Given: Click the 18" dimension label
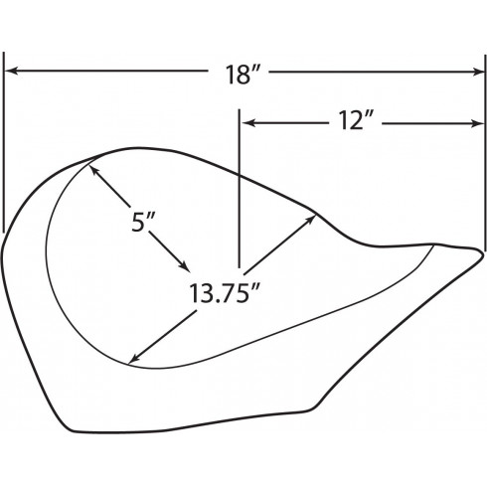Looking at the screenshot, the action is click(243, 75).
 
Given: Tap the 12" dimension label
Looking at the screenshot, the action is click(355, 120).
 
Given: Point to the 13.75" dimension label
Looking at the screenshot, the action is click(224, 293).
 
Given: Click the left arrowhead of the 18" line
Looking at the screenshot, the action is click(11, 71).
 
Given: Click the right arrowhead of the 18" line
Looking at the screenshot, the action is click(478, 72).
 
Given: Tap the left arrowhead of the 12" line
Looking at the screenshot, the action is click(248, 123).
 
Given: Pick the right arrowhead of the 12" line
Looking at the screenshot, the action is click(478, 123).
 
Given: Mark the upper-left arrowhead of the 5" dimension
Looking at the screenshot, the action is click(93, 170).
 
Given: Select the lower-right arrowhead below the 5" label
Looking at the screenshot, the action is click(184, 265).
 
